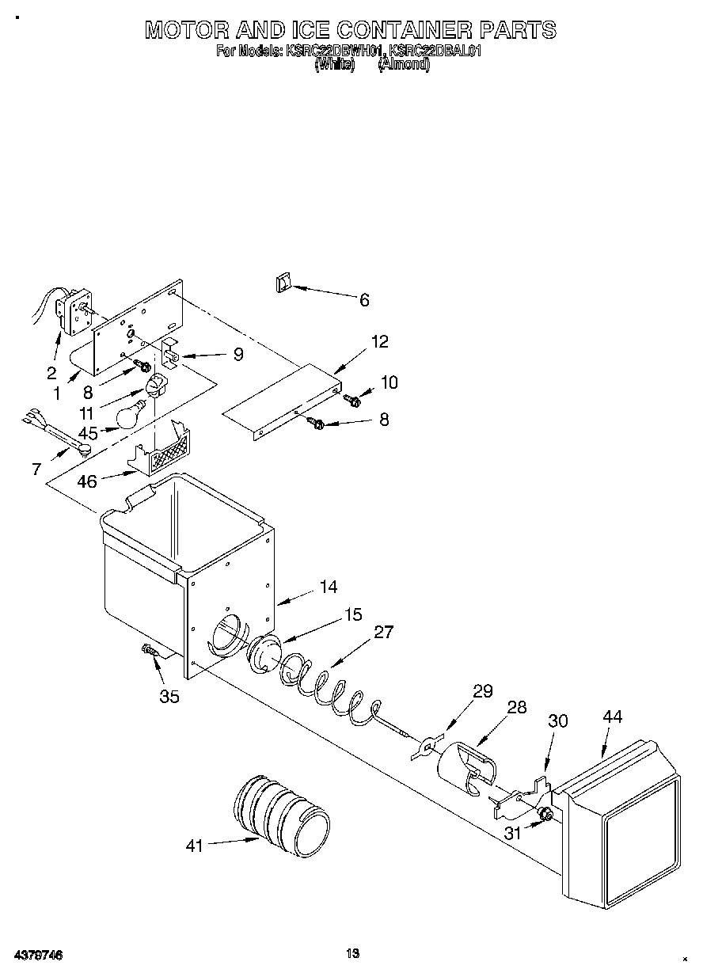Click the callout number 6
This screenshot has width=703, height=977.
(x=363, y=300)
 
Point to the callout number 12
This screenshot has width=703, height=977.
(x=379, y=342)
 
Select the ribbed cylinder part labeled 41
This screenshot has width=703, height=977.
(x=281, y=816)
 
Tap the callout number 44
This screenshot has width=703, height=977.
(x=612, y=717)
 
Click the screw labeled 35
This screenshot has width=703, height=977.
(x=150, y=651)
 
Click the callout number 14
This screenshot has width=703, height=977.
(x=328, y=587)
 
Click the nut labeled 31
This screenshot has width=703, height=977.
(x=543, y=815)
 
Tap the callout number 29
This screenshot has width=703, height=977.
(x=482, y=691)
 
